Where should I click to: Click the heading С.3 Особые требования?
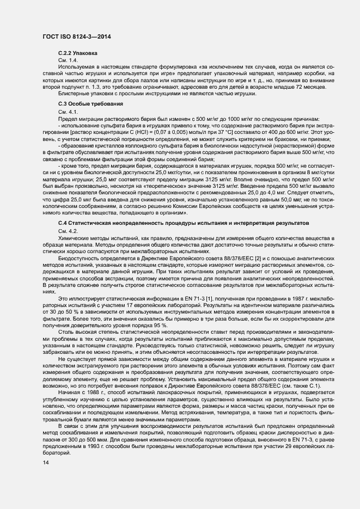tap(90, 103)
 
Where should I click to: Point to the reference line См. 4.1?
tap(68, 112)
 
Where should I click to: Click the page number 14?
tap(45, 463)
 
